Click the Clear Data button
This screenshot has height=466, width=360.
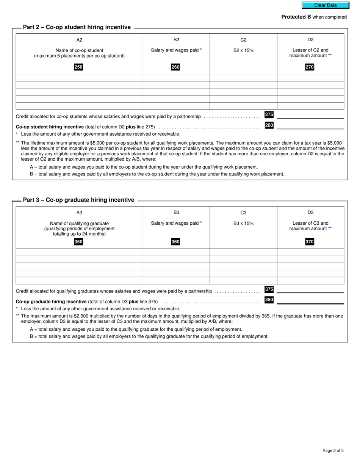325,5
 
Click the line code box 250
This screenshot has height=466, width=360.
78,67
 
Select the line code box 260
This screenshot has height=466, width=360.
175,67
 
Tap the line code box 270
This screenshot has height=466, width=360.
310,67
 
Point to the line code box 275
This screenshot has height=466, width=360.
269,115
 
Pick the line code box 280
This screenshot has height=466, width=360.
269,125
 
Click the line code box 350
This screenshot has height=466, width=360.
78,242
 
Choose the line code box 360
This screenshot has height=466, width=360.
175,242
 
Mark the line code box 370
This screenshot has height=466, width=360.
310,242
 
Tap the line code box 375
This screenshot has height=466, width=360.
269,289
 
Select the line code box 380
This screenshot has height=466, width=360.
269,300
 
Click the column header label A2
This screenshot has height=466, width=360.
79,40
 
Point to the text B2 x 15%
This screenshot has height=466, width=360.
243,50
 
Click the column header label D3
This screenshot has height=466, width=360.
310,213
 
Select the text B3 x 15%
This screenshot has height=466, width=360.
243,224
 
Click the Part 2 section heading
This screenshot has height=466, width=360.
77,27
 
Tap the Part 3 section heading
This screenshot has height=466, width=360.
78,200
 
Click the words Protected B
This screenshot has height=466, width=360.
293,17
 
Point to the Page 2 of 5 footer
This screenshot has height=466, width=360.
333,450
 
